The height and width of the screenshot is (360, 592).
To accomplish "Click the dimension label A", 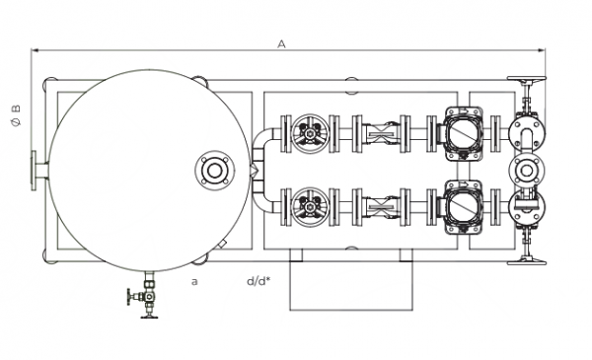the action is (x=281, y=44).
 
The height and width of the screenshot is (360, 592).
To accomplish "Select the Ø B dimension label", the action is (x=16, y=115).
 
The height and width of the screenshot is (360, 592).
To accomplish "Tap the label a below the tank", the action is (x=194, y=281).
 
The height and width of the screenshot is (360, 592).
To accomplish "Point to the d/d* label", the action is (x=259, y=281).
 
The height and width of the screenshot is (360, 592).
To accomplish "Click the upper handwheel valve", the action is (x=311, y=133).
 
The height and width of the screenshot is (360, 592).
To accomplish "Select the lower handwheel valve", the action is (x=311, y=207).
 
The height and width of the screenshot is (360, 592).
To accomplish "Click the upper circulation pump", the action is (x=462, y=133).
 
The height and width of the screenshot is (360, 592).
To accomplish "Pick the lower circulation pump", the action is (x=462, y=207).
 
